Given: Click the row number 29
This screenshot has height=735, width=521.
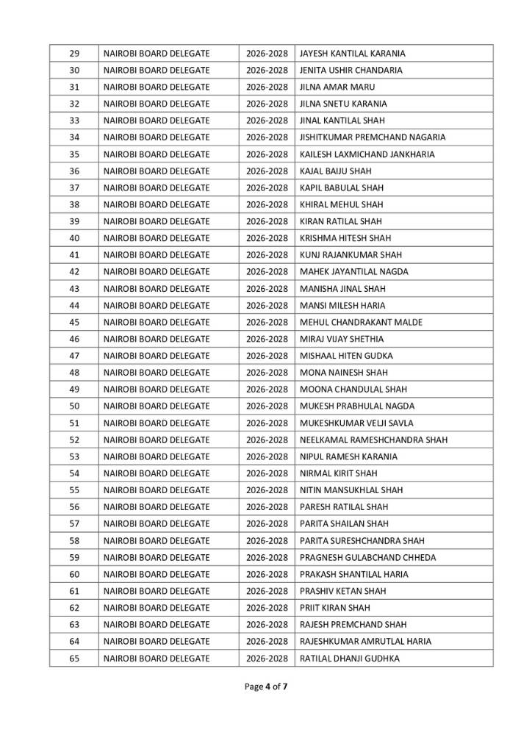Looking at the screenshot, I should tap(74, 54).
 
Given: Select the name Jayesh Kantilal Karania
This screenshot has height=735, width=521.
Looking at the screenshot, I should tap(352, 54).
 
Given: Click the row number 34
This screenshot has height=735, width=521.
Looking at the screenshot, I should tap(74, 137).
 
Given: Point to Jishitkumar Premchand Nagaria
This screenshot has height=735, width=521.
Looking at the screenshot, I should tap(373, 137).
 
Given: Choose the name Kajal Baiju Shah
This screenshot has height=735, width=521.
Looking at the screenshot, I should tap(336, 171).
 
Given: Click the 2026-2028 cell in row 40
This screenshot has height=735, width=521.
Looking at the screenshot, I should tap(267, 238).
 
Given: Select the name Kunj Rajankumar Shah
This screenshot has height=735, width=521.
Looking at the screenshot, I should tap(351, 255).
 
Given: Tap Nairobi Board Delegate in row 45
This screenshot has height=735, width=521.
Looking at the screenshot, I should tap(157, 322).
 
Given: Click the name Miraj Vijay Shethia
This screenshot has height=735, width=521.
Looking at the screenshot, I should tap(342, 339).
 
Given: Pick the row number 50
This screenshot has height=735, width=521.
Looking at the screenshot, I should tap(74, 406).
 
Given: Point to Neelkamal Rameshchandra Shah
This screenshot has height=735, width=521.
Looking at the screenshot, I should tap(373, 440).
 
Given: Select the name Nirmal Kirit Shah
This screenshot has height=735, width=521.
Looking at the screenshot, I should tap(339, 473).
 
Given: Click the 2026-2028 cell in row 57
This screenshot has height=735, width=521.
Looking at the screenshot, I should tap(267, 524).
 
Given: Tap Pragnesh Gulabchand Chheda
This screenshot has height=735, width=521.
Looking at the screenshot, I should tap(367, 558).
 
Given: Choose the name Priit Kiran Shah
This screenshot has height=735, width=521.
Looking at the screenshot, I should tap(335, 608).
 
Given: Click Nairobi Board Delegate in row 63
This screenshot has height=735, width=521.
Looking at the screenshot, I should tap(157, 625).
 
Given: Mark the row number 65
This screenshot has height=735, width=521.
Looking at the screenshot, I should tap(74, 659).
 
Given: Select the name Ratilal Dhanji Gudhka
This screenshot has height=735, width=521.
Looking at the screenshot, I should tap(350, 659).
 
